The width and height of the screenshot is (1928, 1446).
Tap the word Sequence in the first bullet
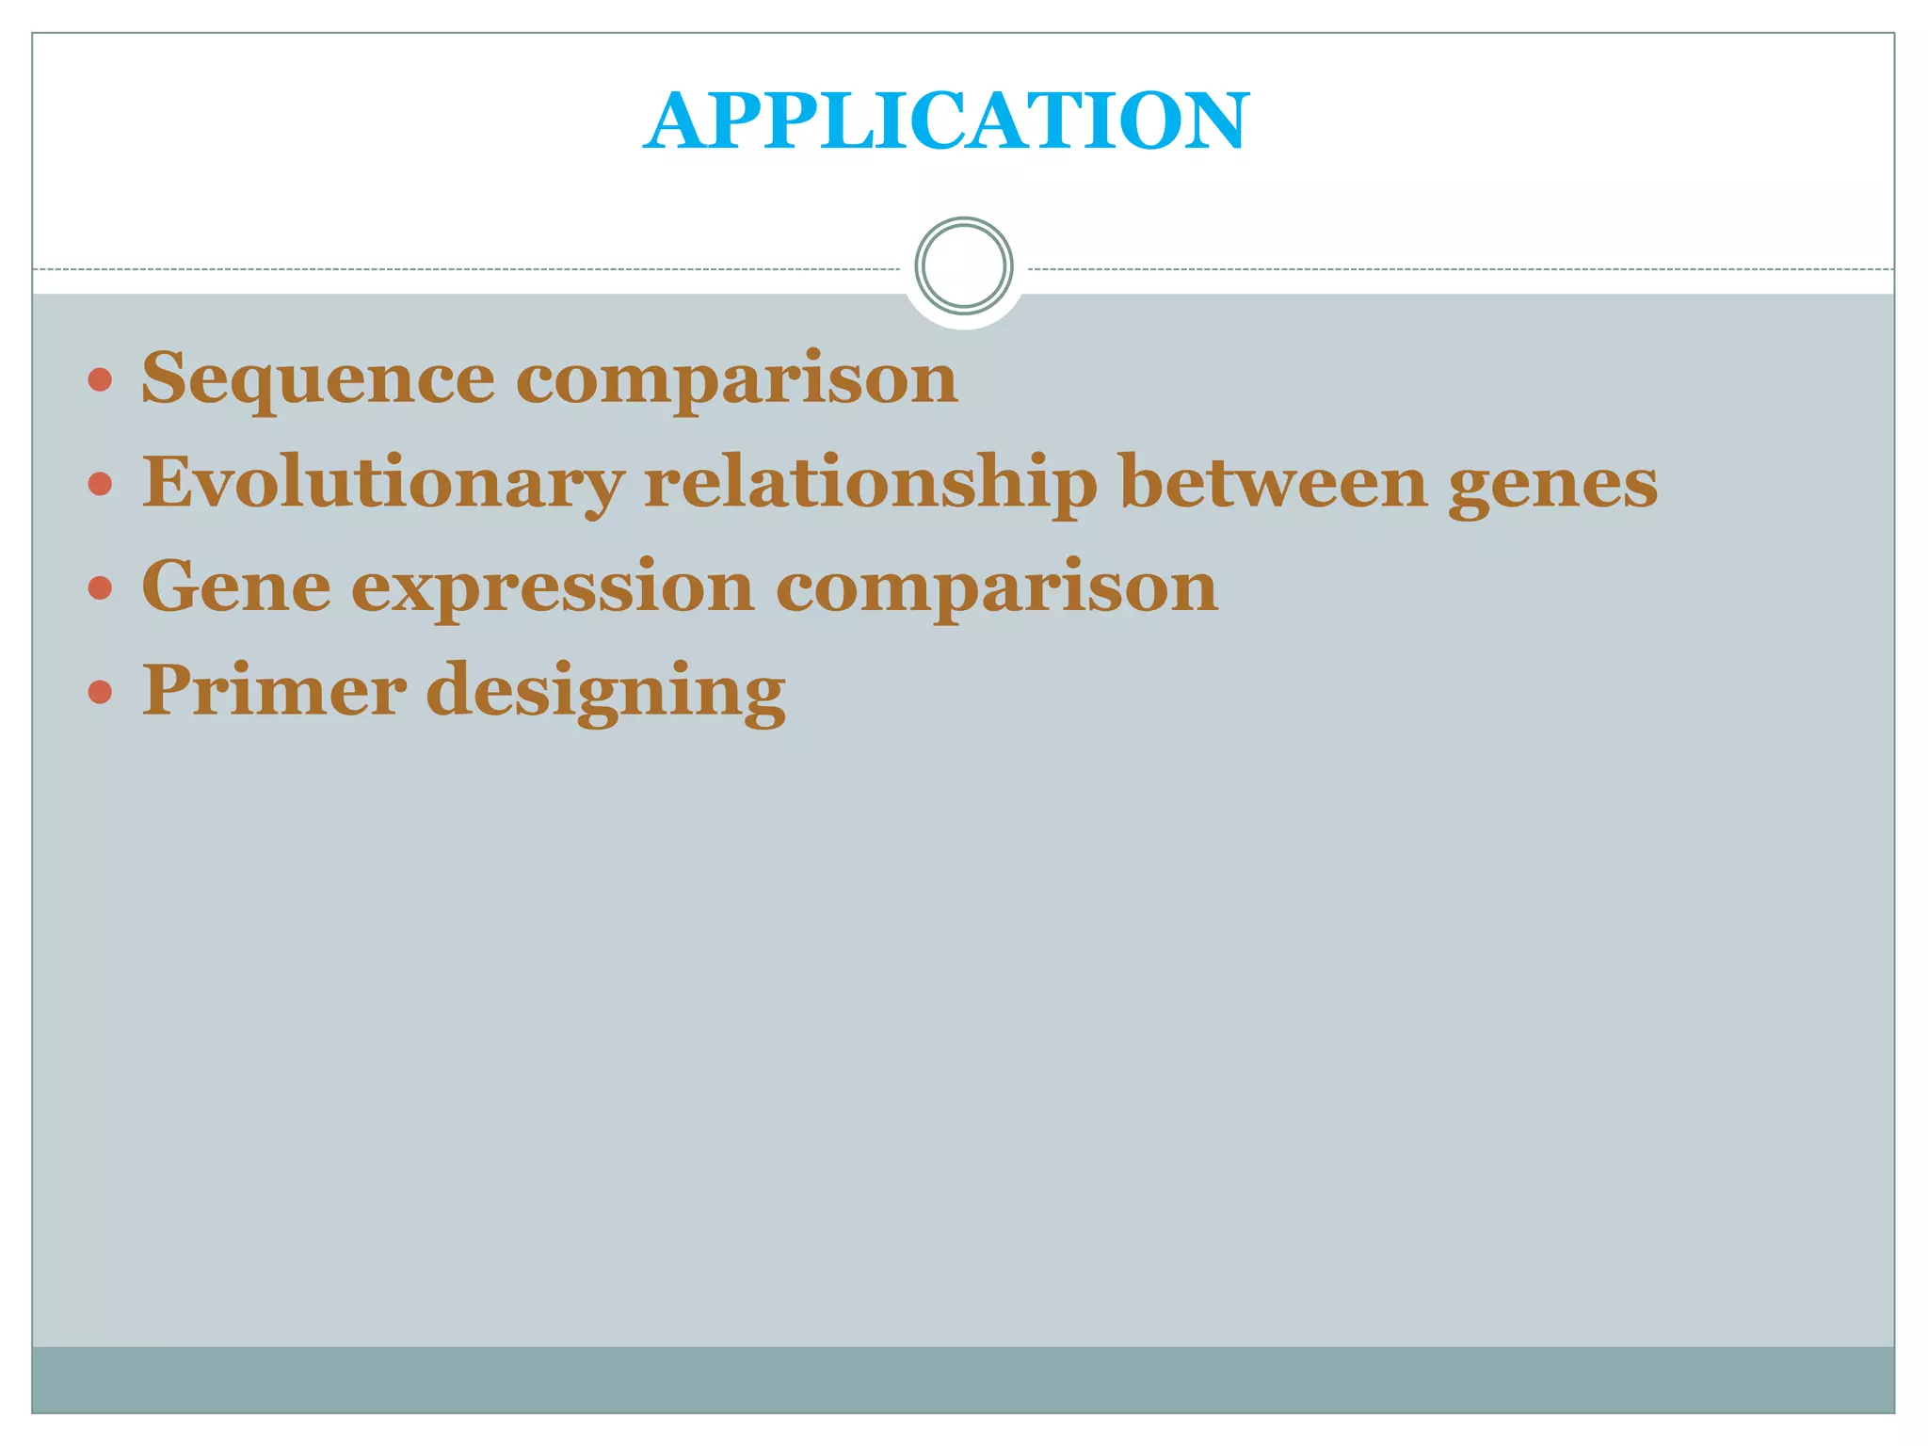318,378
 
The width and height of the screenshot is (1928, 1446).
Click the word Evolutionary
382,483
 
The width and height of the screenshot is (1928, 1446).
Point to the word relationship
871,483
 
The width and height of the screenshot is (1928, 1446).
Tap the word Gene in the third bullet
236,586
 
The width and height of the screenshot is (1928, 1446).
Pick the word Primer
274,689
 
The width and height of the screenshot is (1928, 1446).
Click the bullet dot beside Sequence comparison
100,380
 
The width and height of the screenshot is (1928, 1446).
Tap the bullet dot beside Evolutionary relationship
100,485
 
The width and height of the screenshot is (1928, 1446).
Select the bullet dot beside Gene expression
100,588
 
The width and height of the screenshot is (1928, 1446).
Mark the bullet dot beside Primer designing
100,693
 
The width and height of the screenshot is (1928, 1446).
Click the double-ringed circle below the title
964,265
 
